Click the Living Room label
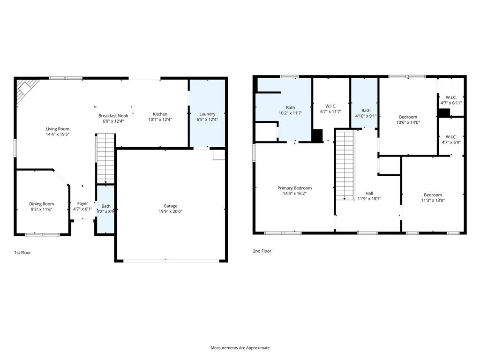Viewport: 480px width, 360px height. point(57,129)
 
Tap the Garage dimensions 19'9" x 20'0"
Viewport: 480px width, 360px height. point(170,211)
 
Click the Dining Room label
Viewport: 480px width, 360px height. point(42,204)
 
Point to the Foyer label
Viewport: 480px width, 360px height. point(82,203)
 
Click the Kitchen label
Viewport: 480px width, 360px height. point(160,114)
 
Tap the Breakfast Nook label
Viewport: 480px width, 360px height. point(113,116)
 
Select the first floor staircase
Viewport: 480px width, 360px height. point(105,158)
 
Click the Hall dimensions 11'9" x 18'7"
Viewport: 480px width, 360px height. point(369,199)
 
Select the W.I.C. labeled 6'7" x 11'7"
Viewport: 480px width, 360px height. point(331,109)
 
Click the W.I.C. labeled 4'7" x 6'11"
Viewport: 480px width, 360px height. point(451,100)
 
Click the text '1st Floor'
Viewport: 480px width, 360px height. point(22,253)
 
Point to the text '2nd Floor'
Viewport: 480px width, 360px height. point(262,251)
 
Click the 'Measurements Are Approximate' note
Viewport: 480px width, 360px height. point(240,348)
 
